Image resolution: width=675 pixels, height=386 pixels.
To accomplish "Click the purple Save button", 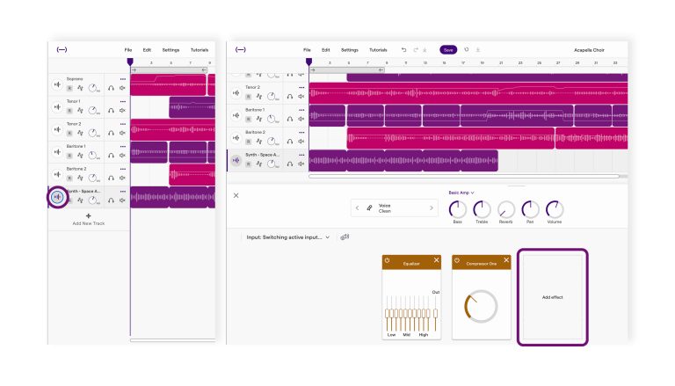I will point(448,50).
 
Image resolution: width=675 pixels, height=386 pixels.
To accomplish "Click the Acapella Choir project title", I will point(591,50).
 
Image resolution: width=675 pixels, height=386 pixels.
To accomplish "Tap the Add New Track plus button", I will point(88,215).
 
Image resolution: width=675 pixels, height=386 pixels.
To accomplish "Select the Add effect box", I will point(552,297).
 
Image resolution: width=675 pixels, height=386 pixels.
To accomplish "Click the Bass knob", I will point(457,209).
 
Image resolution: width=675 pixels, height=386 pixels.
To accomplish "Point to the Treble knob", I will point(482,209).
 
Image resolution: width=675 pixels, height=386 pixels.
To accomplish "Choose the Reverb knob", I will point(506,209).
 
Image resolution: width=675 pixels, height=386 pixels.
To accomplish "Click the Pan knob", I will point(530,209).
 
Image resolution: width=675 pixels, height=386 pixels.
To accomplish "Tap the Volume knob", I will point(554,209).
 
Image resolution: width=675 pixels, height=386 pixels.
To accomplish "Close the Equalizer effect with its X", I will point(436,261).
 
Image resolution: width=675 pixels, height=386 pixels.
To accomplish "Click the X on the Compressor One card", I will point(506,261).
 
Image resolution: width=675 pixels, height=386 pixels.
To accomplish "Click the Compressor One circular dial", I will point(481,307).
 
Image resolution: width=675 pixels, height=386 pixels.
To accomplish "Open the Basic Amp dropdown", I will point(461,192).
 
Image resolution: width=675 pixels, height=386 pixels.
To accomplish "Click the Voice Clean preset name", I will point(385,208).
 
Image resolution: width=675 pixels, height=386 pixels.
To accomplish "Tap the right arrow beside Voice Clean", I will point(431,208).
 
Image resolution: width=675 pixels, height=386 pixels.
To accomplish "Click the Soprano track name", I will point(75,79).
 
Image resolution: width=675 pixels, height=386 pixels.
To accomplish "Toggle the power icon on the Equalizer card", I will point(388,261).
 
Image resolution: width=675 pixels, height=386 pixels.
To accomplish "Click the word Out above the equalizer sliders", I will point(435,292).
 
